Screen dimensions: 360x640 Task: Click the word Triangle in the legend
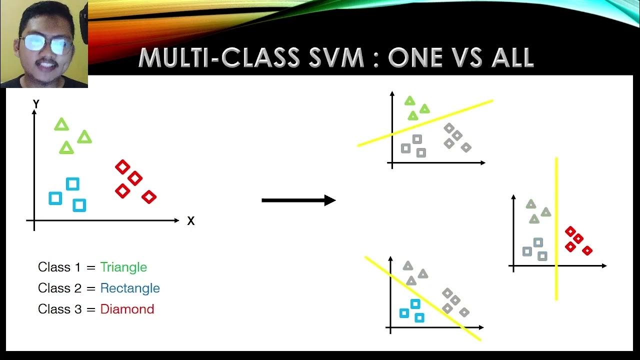(123, 267)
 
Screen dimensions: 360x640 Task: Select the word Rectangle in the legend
(130, 288)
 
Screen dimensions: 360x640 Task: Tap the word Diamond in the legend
(127, 309)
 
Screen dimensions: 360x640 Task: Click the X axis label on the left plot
(190, 221)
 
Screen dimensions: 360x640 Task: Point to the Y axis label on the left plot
(36, 104)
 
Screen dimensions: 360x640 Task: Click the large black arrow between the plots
(298, 200)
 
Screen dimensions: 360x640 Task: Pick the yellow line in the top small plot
(425, 123)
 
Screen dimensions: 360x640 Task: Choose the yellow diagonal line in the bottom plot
(423, 299)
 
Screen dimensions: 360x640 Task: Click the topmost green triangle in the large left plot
(61, 124)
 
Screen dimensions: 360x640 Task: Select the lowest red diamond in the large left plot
(149, 197)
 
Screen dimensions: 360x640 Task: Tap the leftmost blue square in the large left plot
(55, 198)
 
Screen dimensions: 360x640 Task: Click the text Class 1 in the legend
(59, 267)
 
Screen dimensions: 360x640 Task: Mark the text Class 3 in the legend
(59, 309)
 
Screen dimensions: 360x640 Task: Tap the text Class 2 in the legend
(59, 288)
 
